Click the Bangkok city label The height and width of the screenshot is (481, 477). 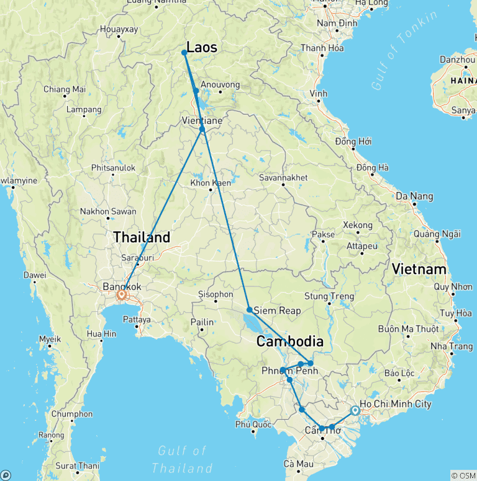tap(122, 287)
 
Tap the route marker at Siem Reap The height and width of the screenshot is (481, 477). tap(249, 309)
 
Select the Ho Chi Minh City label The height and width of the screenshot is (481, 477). tap(396, 404)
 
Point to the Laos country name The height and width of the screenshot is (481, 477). tap(202, 47)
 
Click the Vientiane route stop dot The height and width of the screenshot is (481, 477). tap(202, 129)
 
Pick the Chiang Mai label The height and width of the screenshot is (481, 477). tap(64, 89)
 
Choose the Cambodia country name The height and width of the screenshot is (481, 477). tap(291, 342)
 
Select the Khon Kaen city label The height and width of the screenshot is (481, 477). tap(211, 183)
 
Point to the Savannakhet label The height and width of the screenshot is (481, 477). tap(283, 177)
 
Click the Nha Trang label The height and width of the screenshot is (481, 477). tap(451, 346)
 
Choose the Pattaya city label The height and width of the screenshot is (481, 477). tap(137, 320)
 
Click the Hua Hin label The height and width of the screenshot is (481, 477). tap(102, 333)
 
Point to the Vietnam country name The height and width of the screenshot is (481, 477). tap(419, 269)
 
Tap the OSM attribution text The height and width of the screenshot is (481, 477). tap(463, 475)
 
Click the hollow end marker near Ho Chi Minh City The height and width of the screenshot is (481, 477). tap(354, 410)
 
